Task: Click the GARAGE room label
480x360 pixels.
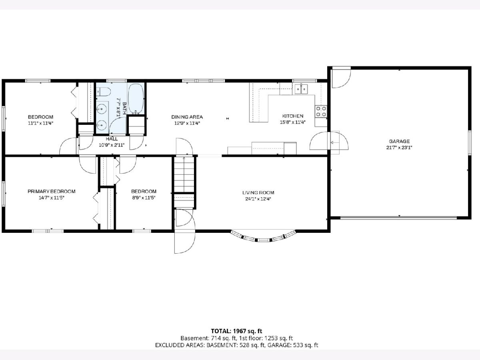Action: pyautogui.click(x=399, y=141)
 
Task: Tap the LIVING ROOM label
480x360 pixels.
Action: pyautogui.click(x=258, y=192)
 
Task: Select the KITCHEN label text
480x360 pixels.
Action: pyautogui.click(x=292, y=116)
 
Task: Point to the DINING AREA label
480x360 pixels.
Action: pyautogui.click(x=187, y=117)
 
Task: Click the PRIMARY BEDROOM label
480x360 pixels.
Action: pyautogui.click(x=51, y=192)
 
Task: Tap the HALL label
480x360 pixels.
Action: pyautogui.click(x=112, y=139)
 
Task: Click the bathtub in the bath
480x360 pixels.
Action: pyautogui.click(x=136, y=98)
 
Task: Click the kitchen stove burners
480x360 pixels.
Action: pyautogui.click(x=321, y=111)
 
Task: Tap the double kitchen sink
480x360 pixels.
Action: pyautogui.click(x=301, y=89)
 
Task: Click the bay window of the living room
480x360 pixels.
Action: pyautogui.click(x=263, y=237)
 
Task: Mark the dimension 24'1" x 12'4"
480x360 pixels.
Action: pyautogui.click(x=258, y=199)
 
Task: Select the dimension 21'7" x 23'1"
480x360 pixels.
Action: pyautogui.click(x=399, y=148)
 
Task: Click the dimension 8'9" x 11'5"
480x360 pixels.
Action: pyautogui.click(x=144, y=198)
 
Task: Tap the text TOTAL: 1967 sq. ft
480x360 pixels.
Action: pyautogui.click(x=236, y=331)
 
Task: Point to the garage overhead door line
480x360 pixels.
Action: pyautogui.click(x=398, y=218)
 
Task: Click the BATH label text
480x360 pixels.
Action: pyautogui.click(x=124, y=108)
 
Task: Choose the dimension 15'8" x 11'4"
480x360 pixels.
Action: pyautogui.click(x=292, y=122)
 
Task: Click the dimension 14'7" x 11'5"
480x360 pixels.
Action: pyautogui.click(x=51, y=198)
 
